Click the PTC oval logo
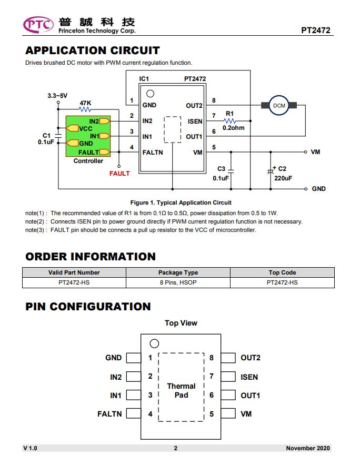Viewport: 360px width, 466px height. click(38, 25)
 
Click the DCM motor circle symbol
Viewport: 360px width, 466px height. click(279, 105)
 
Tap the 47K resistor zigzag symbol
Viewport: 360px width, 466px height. click(85, 109)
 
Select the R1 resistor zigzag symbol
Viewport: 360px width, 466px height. click(230, 120)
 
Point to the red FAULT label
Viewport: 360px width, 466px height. click(119, 173)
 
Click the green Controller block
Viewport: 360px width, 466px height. click(88, 136)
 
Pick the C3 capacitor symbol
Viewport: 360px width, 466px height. click(231, 171)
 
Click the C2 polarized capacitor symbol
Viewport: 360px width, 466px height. click(271, 171)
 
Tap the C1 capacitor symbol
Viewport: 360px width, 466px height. click(58, 136)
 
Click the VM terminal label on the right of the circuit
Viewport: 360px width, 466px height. click(315, 152)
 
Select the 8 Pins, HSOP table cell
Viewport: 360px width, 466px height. click(178, 282)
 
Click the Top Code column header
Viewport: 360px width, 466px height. click(282, 272)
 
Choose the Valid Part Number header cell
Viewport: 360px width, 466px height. click(74, 272)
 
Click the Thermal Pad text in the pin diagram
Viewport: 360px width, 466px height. click(182, 390)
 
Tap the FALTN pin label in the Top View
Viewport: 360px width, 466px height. click(109, 414)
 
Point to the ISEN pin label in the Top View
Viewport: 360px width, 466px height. click(249, 377)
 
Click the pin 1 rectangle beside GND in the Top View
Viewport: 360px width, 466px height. click(134, 358)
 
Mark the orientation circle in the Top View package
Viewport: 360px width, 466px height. click(154, 343)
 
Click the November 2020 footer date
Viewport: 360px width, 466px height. click(308, 448)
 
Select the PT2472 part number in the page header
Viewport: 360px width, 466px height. click(316, 30)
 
